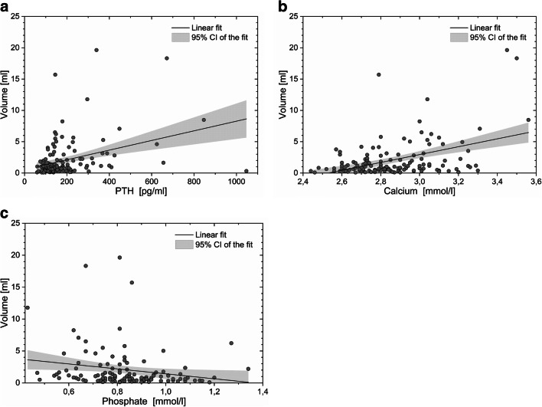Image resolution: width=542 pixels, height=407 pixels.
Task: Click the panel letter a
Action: (5, 7)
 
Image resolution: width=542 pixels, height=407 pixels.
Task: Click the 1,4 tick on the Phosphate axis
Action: (262, 392)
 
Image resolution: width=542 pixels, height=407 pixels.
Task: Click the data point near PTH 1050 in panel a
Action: (247, 171)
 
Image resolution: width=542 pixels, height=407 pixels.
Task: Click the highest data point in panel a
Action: (96, 51)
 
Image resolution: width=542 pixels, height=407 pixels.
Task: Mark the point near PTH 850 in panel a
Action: (204, 120)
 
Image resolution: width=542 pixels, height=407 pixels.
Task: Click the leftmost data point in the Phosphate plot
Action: (28, 308)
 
